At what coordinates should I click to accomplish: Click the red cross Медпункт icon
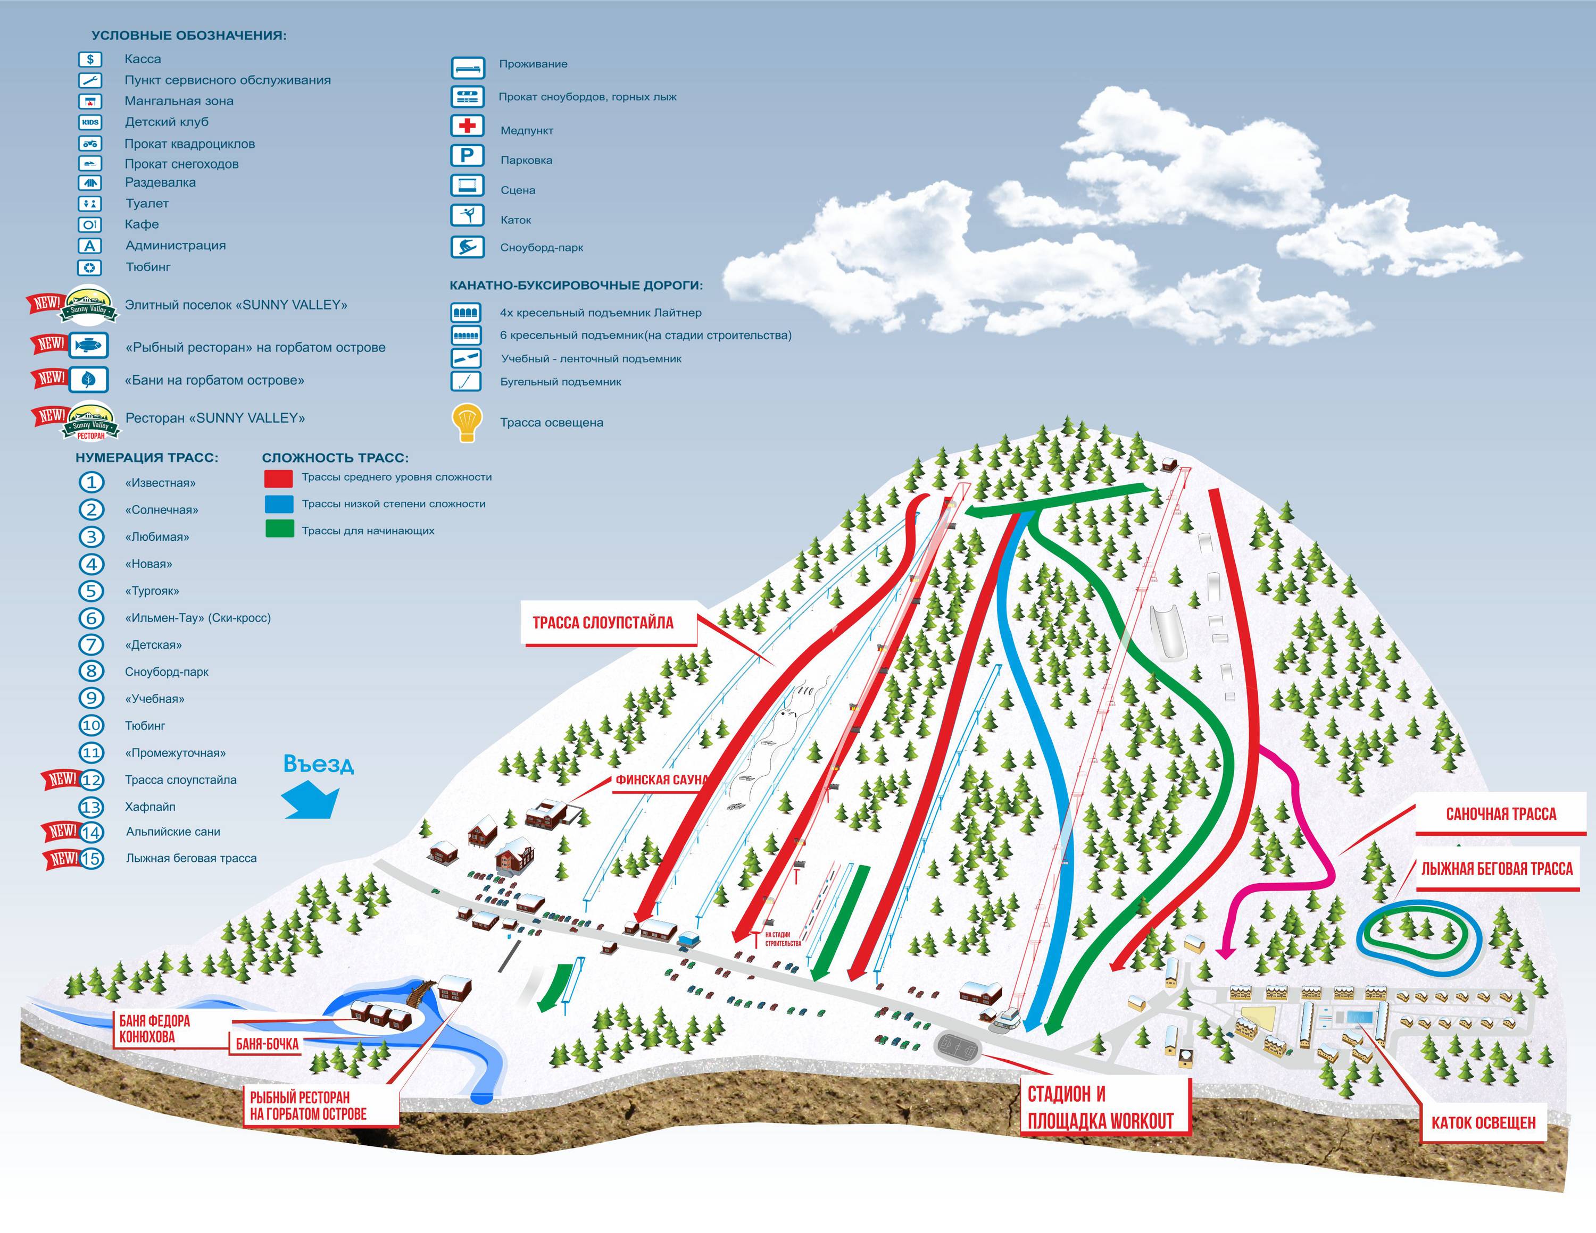pyautogui.click(x=467, y=125)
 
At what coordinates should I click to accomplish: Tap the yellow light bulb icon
pyautogui.click(x=467, y=422)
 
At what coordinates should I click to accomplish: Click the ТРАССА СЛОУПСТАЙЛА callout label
pyautogui.click(x=603, y=623)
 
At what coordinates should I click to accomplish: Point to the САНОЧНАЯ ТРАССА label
pyautogui.click(x=1500, y=813)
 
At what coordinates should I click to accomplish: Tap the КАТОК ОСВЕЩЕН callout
pyautogui.click(x=1483, y=1123)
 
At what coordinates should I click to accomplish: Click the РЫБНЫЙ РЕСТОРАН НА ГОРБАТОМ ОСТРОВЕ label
pyautogui.click(x=309, y=1105)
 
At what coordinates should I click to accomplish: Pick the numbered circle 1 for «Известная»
pyautogui.click(x=92, y=482)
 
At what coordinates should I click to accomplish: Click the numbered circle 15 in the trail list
pyautogui.click(x=92, y=858)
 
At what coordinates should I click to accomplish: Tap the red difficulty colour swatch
pyautogui.click(x=278, y=477)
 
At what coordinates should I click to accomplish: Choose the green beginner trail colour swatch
pyautogui.click(x=279, y=530)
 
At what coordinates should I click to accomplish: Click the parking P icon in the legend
pyautogui.click(x=467, y=156)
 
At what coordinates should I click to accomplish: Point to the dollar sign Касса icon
pyautogui.click(x=90, y=59)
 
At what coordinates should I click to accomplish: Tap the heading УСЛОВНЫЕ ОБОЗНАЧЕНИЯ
pyautogui.click(x=188, y=35)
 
